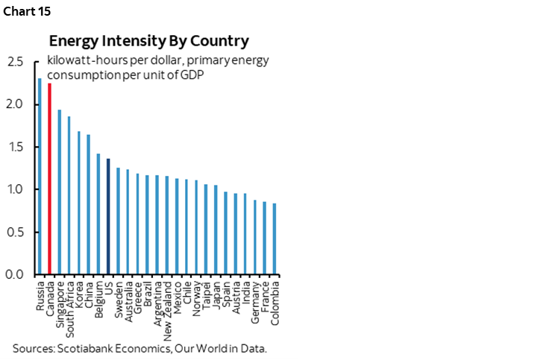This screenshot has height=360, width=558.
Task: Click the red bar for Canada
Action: pos(49,179)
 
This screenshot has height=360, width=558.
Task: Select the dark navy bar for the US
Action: pos(108,216)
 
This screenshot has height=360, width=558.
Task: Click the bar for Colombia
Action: pos(275,239)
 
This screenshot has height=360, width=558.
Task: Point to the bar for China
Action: pos(89,204)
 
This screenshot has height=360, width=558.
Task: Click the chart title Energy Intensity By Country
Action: pos(149,40)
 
